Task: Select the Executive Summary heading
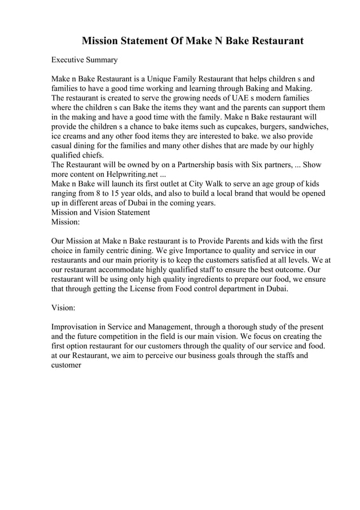84,59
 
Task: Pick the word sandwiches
304,127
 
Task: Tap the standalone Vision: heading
64,309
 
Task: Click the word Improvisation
77,328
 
